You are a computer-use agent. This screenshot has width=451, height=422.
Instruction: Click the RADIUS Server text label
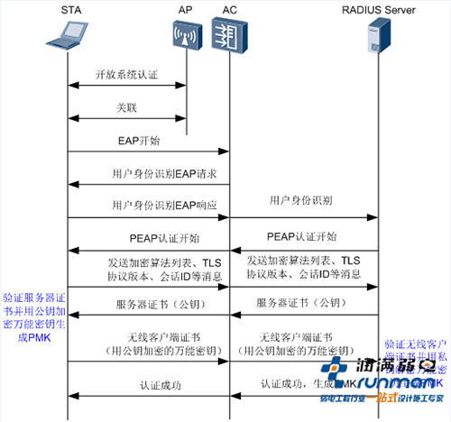pos(378,10)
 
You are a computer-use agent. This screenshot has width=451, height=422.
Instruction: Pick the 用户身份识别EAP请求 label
pos(148,172)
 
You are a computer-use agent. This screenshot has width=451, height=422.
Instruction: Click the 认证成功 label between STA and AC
pos(149,384)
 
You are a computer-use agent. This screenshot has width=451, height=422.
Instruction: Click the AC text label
pos(227,10)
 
